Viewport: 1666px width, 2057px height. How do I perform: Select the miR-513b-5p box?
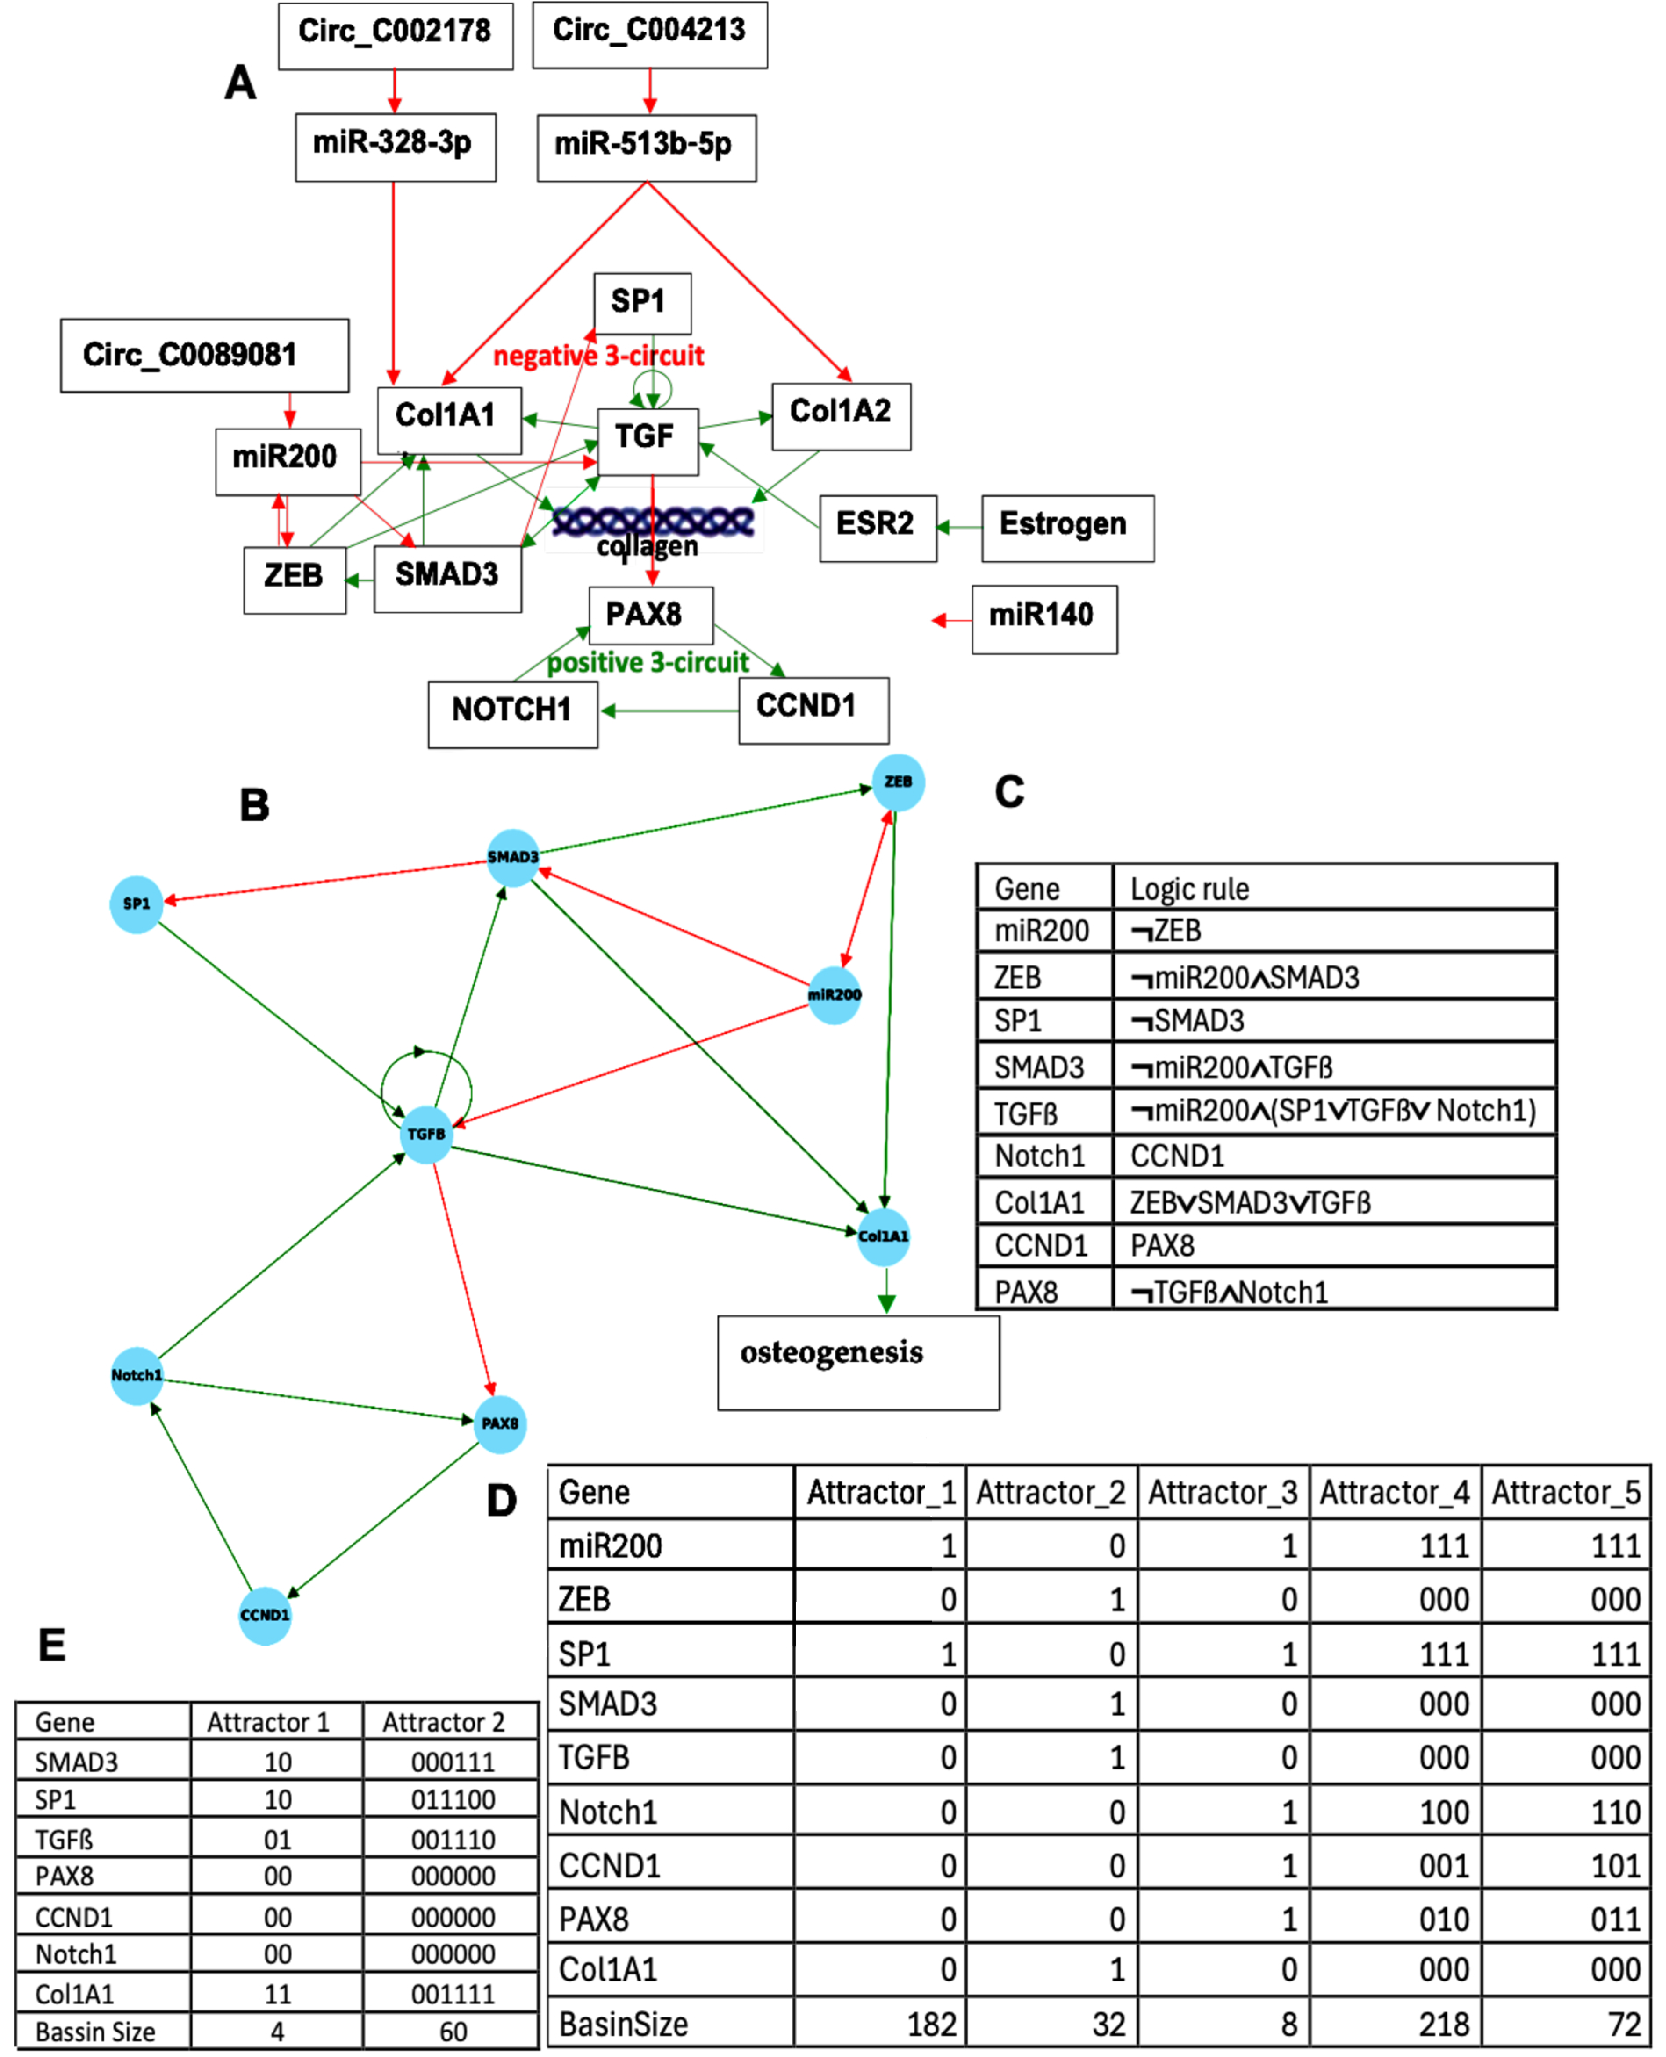pos(646,147)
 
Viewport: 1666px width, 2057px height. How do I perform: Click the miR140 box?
pos(1044,619)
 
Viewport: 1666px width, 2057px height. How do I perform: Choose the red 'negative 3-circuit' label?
pos(599,356)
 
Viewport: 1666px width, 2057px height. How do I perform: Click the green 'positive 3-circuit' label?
pos(648,662)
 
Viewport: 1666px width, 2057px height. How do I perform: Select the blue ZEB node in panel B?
pos(897,782)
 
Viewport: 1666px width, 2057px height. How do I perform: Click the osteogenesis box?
pos(858,1361)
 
